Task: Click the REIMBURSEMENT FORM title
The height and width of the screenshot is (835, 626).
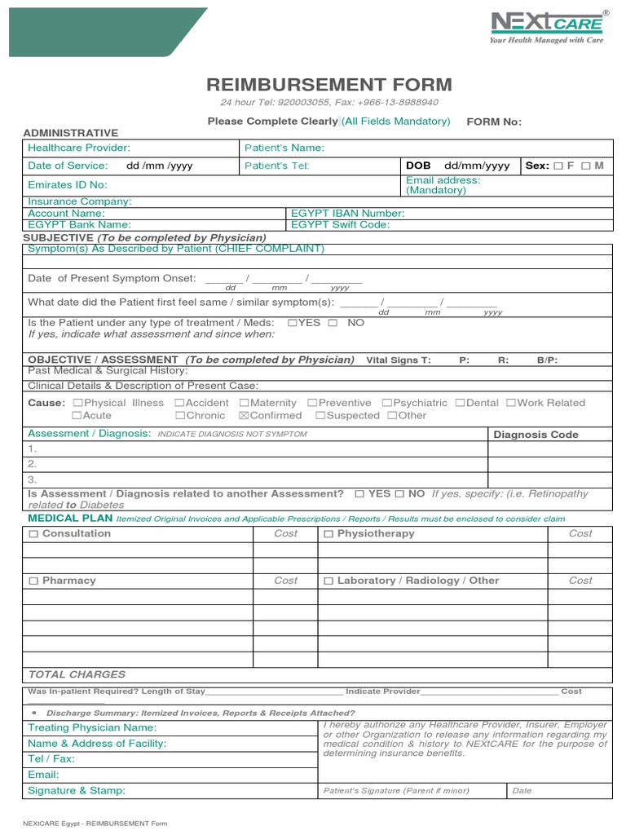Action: [329, 85]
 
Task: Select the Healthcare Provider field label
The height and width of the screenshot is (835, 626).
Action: [79, 148]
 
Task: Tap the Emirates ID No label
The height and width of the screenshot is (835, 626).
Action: [68, 185]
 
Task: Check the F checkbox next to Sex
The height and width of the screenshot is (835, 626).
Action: [558, 166]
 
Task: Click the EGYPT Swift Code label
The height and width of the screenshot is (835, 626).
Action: [341, 224]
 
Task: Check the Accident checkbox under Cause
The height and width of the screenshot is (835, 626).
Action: [179, 403]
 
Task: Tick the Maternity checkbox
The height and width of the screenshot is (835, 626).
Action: [245, 403]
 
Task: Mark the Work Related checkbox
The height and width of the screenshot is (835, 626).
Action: [511, 403]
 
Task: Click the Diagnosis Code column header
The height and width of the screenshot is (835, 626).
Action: [536, 435]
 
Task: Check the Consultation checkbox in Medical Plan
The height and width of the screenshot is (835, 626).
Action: [33, 534]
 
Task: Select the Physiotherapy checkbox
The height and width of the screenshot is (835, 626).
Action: [328, 534]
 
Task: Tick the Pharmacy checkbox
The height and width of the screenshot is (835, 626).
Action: [33, 581]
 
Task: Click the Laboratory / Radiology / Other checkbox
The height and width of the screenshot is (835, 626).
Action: [328, 581]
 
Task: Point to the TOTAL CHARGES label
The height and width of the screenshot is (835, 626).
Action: [77, 674]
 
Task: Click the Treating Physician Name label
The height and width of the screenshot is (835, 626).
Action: [92, 727]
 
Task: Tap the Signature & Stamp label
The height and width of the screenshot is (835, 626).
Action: [77, 790]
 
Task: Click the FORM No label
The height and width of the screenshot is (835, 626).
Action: [493, 121]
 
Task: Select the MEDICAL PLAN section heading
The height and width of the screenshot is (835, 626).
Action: [70, 518]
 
